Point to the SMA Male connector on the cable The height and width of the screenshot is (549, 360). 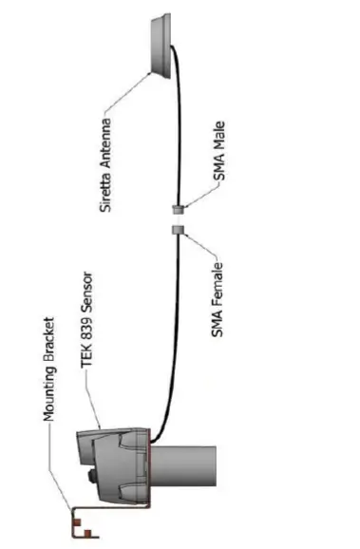coord(178,208)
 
